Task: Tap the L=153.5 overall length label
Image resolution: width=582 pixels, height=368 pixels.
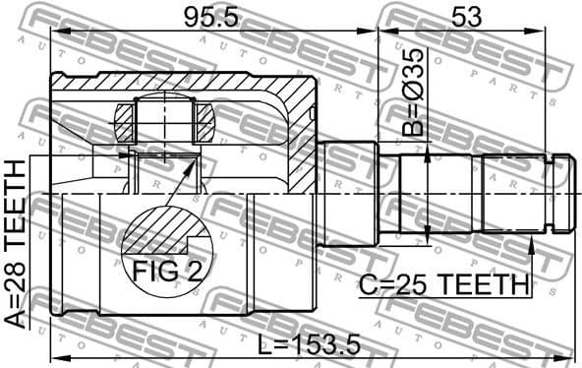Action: [x=309, y=343]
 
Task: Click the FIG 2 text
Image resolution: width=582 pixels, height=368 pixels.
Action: [x=163, y=271]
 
